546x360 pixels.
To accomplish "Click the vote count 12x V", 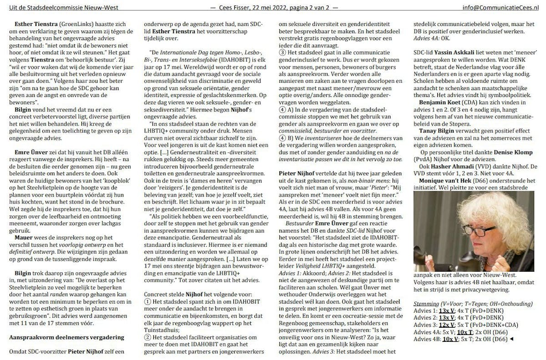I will pyautogui.click(x=448, y=325).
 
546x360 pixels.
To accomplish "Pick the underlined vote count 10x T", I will pyautogui.click(x=477, y=332).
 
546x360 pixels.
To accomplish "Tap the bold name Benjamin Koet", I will pyautogui.click(x=440, y=103).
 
